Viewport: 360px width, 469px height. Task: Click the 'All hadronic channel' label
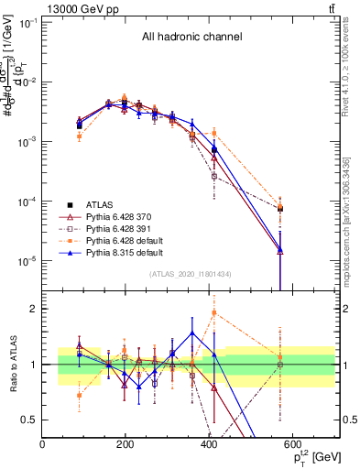click(191, 38)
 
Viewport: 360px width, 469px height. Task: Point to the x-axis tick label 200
click(125, 445)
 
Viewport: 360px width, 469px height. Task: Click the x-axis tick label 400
click(209, 445)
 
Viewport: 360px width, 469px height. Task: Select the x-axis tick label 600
click(292, 445)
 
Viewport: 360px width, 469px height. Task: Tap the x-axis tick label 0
click(42, 445)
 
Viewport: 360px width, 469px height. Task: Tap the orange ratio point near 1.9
click(213, 313)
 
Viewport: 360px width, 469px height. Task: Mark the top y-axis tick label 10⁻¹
click(27, 22)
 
